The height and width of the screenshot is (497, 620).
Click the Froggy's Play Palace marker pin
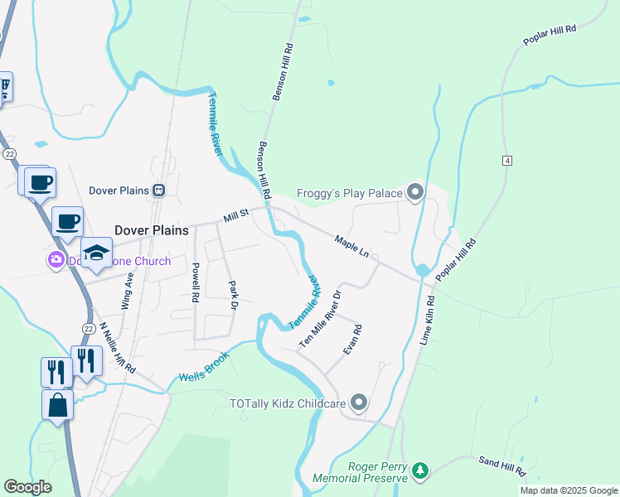415,193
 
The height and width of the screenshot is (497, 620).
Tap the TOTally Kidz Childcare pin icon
359,403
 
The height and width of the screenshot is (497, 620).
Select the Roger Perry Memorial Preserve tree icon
421,471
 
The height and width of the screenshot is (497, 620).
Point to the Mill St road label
236,215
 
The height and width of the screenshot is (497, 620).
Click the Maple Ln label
351,245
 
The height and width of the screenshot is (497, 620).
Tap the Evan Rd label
353,340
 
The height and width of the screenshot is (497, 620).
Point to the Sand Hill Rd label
502,465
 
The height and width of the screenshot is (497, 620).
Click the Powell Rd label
196,282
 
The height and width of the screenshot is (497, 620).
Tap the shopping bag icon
57,405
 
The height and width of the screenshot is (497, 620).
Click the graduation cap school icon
96,253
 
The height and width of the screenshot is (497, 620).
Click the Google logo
27,487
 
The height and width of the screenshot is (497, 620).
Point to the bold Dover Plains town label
148,231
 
